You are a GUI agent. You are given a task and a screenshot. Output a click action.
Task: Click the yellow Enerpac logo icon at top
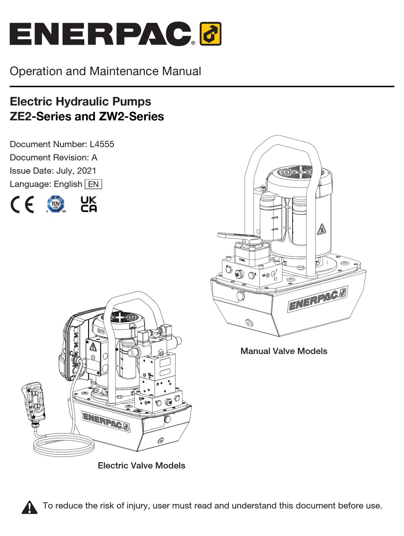[x=210, y=34]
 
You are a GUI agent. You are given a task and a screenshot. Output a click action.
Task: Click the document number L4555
[x=102, y=144]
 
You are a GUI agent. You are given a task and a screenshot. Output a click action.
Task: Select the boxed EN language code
[x=94, y=184]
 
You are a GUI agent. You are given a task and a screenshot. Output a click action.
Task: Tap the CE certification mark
[x=22, y=205]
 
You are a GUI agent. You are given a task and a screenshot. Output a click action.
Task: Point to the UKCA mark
[x=88, y=204]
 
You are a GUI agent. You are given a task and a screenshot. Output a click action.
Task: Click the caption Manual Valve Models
[x=284, y=351]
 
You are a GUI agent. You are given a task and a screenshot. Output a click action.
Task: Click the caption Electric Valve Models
[x=141, y=465]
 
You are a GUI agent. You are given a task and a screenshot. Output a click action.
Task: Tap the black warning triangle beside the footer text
[x=29, y=507]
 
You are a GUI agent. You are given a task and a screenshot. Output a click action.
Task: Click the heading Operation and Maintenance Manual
[x=105, y=71]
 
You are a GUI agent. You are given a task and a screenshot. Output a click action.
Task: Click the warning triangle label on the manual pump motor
[x=321, y=229]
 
